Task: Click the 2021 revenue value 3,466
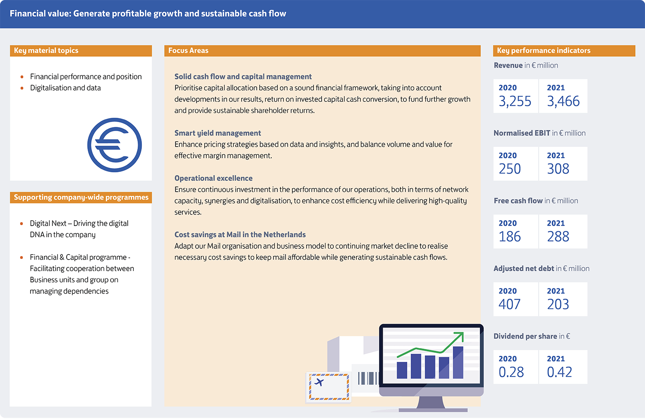[x=563, y=101]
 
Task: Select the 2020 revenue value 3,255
[x=515, y=101]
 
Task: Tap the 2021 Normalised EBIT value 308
[x=558, y=169]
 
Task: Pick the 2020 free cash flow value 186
[x=510, y=236]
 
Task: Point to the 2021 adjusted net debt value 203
[x=558, y=304]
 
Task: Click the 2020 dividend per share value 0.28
[x=511, y=372]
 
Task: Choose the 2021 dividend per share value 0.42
[x=559, y=372]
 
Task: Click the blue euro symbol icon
[x=114, y=145]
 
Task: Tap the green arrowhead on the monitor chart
[x=460, y=336]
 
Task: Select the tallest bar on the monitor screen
[x=458, y=362]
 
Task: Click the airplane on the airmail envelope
[x=319, y=382]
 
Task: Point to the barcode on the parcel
[x=368, y=378]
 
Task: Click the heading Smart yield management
[x=218, y=133]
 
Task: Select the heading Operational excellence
[x=213, y=178]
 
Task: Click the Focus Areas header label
[x=188, y=50]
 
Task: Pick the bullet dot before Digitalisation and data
[x=22, y=88]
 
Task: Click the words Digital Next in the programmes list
[x=48, y=223]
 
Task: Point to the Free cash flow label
[x=518, y=201]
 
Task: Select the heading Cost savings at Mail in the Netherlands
[x=240, y=235]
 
